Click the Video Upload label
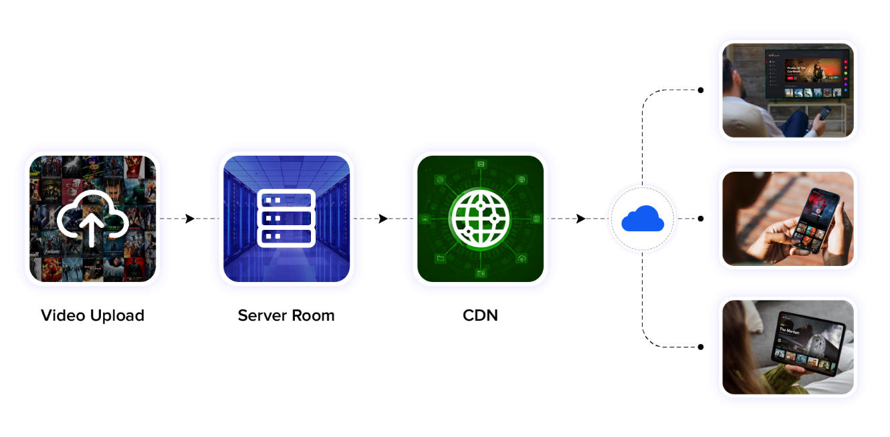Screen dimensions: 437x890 pos(92,315)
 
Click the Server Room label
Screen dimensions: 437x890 pos(286,315)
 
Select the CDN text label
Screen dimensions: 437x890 pos(480,315)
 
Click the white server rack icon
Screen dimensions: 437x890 pos(286,218)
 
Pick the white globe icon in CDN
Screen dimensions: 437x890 pos(480,218)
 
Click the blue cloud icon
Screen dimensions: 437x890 pos(642,218)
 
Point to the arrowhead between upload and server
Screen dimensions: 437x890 pos(190,218)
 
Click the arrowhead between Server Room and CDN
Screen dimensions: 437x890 pos(383,218)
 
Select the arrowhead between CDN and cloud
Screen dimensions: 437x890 pos(580,218)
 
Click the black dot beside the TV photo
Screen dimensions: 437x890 pos(700,90)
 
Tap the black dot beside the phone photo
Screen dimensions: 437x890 pos(700,218)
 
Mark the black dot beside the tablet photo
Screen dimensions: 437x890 pos(700,347)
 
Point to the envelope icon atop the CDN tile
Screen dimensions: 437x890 pos(480,164)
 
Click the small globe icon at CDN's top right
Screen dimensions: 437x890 pos(522,179)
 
